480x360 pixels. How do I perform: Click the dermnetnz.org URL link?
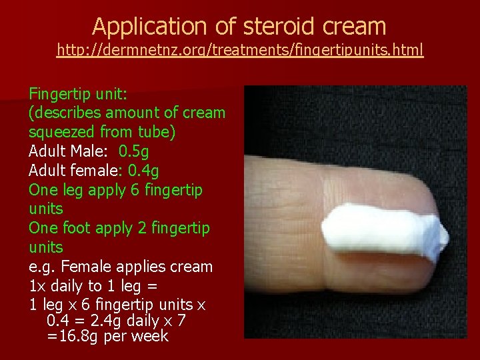point(240,50)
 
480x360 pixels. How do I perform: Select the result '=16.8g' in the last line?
point(72,336)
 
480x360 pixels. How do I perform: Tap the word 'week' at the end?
point(150,336)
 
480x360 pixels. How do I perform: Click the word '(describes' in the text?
point(60,113)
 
